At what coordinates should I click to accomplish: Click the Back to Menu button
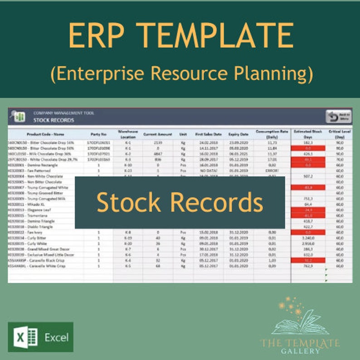338,117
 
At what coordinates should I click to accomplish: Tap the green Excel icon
26,337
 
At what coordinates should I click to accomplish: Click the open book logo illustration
300,321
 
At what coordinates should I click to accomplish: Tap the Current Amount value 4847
158,154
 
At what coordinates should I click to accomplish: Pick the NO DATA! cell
209,171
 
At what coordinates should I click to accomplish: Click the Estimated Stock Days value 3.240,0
308,238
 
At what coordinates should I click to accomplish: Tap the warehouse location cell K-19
128,238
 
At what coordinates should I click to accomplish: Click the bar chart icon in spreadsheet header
19,117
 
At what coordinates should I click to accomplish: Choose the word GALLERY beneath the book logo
300,351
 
